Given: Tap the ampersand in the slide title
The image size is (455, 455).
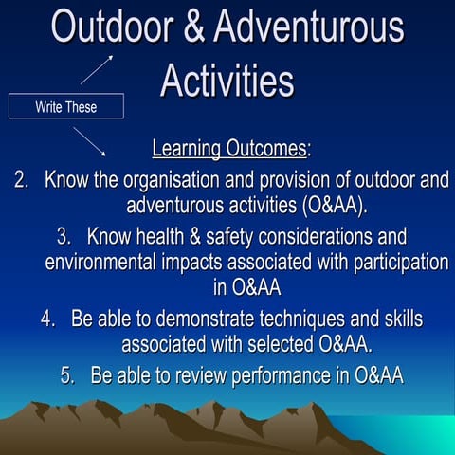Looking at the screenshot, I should (x=190, y=27).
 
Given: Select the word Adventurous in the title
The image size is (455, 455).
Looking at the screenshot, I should (x=309, y=27).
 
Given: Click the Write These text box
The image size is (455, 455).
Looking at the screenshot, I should (x=65, y=106).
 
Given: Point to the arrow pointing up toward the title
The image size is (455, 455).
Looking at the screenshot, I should (x=97, y=69).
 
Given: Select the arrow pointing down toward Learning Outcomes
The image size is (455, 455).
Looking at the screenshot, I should (x=90, y=141).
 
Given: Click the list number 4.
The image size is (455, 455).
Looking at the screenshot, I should (x=49, y=318).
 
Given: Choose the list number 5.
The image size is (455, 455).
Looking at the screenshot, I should (x=68, y=374).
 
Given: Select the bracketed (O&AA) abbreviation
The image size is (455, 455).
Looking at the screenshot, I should (x=343, y=204).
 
